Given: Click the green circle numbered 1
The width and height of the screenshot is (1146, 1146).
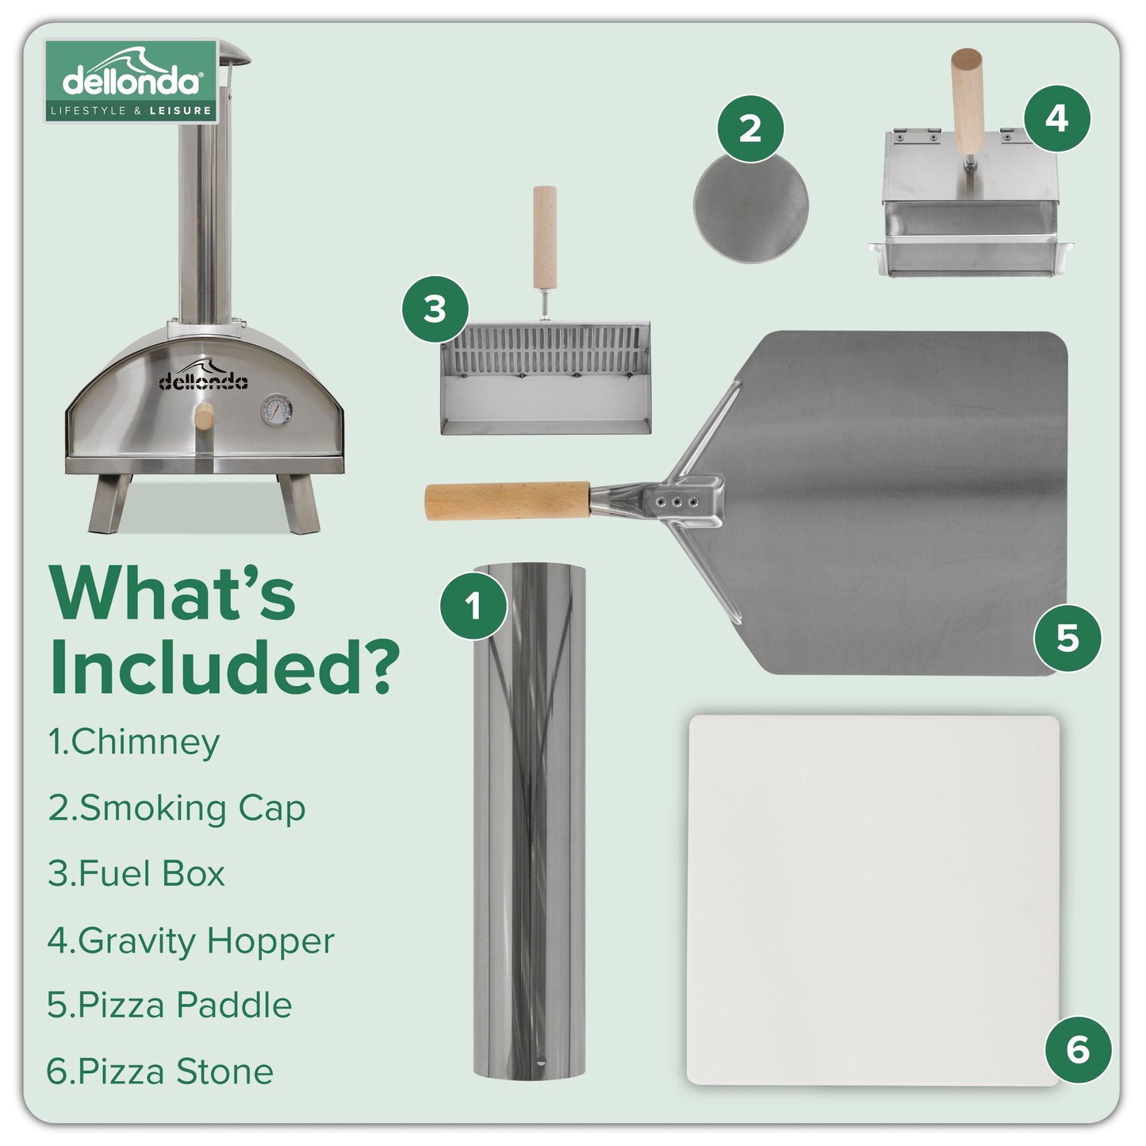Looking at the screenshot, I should tap(473, 606).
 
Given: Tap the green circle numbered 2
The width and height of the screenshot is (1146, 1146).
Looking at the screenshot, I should tap(749, 128).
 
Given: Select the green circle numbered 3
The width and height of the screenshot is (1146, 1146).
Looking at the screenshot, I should tap(435, 309).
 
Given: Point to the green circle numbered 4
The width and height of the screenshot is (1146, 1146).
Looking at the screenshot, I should tap(1056, 118).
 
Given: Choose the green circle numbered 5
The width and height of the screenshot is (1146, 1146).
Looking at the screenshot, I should tap(1067, 638).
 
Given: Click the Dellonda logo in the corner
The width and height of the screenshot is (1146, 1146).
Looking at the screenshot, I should tap(131, 81).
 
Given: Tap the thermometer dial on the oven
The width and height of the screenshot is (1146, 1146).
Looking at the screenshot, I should tap(275, 410).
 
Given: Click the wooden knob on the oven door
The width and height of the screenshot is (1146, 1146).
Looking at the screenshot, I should tap(204, 416).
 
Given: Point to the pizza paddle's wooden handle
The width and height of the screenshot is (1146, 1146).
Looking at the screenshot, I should tap(508, 500).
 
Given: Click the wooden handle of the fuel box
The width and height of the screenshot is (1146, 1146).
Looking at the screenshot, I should tap(544, 238).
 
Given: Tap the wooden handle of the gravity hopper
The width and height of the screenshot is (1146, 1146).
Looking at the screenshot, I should tap(967, 99).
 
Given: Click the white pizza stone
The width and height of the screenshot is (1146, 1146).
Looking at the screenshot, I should tap(872, 899).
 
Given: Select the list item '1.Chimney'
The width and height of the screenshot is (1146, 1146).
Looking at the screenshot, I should tap(133, 742).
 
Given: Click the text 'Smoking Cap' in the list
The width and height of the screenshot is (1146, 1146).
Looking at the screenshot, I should tap(192, 808).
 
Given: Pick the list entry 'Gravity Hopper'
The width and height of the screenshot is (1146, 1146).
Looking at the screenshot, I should tap(206, 941).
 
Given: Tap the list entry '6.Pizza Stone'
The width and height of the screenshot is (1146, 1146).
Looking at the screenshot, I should tap(159, 1071).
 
